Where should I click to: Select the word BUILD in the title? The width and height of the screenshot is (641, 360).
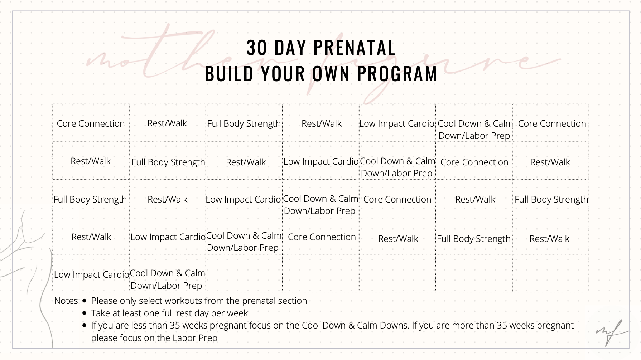(x=229, y=74)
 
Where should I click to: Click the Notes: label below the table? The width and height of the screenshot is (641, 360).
(x=67, y=301)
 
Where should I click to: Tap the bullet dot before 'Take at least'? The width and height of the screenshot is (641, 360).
(x=85, y=313)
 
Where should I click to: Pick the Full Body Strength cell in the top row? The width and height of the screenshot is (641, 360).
(x=244, y=123)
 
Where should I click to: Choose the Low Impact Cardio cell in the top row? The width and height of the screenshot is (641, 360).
(x=397, y=123)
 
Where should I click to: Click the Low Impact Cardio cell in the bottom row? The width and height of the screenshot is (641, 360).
(x=91, y=274)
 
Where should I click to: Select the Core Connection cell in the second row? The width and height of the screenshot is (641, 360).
(x=474, y=162)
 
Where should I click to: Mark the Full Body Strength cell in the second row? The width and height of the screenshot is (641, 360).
(x=168, y=162)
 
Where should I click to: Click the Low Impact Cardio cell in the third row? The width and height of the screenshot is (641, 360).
(x=244, y=199)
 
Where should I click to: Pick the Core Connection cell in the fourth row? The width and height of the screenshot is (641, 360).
(x=322, y=237)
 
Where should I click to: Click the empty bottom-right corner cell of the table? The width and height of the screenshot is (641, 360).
(x=550, y=273)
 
